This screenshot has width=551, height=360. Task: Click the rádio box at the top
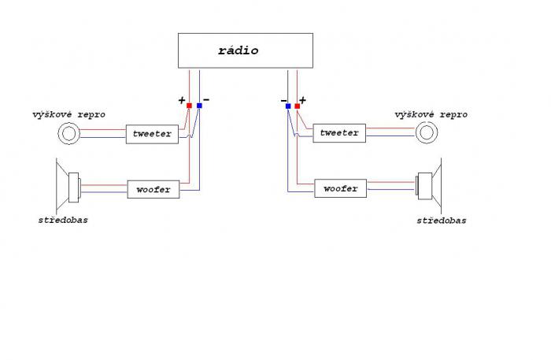[x=238, y=51]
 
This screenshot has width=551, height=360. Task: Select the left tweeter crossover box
[x=153, y=134]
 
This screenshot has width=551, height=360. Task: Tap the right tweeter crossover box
[x=339, y=132]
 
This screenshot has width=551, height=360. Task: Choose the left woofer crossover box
[x=153, y=189]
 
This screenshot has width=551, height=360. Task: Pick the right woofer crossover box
[x=340, y=189]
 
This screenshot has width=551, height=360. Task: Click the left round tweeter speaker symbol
[x=70, y=134]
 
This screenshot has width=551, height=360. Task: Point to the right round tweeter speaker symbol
[x=427, y=132]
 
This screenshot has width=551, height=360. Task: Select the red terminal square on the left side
[x=189, y=105]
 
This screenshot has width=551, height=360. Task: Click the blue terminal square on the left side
[x=199, y=105]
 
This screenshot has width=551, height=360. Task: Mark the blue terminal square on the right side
[x=288, y=105]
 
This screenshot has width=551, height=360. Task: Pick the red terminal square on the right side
[x=298, y=105]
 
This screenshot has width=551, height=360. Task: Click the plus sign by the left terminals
[x=182, y=101]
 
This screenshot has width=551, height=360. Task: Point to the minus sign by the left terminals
[x=206, y=100]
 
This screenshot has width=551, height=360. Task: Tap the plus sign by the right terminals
[x=303, y=101]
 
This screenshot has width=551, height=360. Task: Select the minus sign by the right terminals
[x=283, y=101]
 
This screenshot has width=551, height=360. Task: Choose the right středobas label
[x=441, y=221]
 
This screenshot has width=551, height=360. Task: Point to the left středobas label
[x=63, y=220]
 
